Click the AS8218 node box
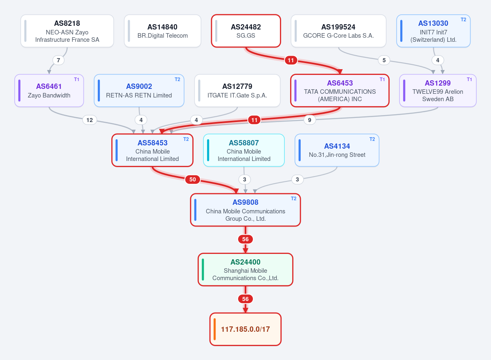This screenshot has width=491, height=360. (67, 31)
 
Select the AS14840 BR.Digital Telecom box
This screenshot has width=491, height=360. (162, 31)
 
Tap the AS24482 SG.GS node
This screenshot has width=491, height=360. (246, 31)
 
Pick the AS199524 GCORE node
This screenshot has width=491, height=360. (338, 31)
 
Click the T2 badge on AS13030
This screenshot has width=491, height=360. (463, 20)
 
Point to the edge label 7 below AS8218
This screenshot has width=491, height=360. (58, 60)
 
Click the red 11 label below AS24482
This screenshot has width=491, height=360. (291, 60)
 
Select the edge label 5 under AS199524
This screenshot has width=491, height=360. (384, 60)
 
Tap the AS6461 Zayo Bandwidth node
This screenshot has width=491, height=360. (49, 91)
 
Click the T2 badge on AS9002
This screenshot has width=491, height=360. (177, 79)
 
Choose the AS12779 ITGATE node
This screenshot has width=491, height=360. (237, 91)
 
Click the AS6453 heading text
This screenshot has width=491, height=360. (340, 83)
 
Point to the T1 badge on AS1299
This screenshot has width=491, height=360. (469, 79)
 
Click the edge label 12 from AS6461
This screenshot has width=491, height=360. (90, 120)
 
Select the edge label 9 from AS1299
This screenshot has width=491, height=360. (309, 120)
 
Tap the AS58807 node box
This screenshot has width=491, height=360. (244, 150)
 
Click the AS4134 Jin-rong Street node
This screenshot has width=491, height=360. (337, 150)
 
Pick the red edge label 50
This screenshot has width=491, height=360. (192, 179)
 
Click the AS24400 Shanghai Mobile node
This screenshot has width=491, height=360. (245, 269)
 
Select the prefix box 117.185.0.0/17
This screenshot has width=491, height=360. (245, 329)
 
